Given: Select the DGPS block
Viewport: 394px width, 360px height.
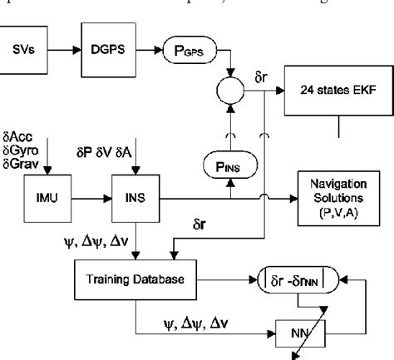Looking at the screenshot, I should (106, 49).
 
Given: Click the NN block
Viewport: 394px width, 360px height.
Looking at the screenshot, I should (287, 333).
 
